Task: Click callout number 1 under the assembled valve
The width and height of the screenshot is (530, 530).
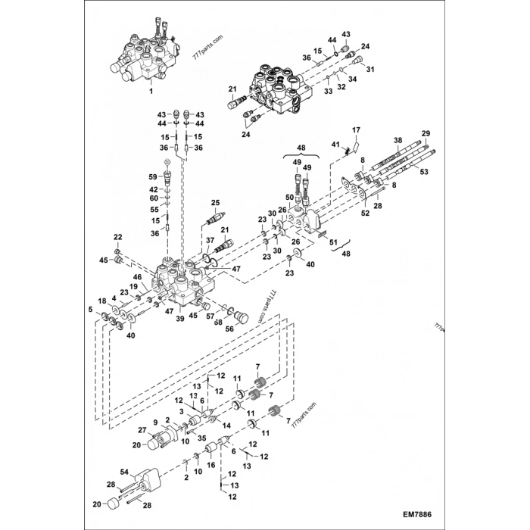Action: (151, 91)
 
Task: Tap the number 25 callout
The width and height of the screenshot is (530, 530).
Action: (215, 203)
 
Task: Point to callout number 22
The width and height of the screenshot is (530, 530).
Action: (117, 238)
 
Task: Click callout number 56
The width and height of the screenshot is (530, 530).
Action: (230, 329)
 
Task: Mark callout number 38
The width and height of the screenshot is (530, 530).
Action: (398, 141)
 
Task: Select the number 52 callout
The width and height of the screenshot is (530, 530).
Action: (365, 214)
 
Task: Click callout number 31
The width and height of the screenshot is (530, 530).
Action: (371, 70)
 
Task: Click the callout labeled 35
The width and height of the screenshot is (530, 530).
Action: (201, 438)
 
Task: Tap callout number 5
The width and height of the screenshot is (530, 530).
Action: (91, 309)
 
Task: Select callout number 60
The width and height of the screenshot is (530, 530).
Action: (153, 198)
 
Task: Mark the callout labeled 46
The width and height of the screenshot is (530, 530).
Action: (139, 277)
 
